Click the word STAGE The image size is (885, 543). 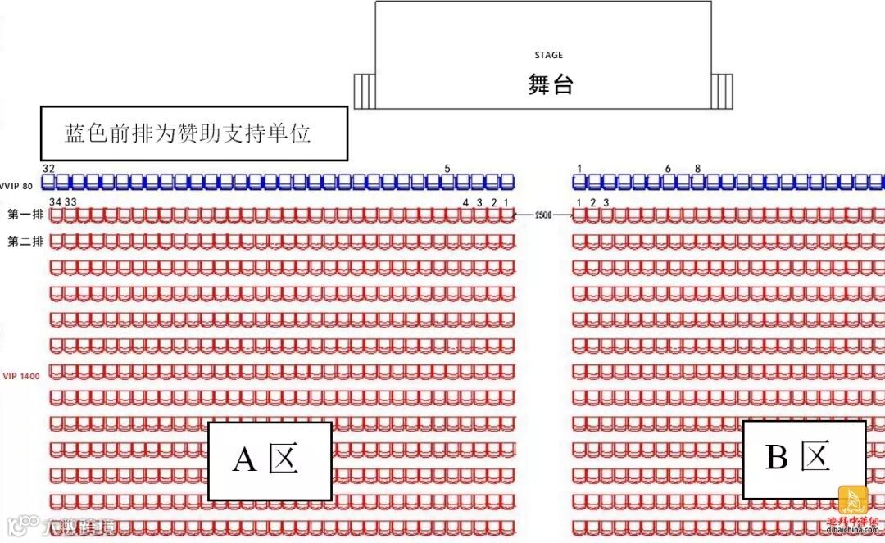[x=548, y=55]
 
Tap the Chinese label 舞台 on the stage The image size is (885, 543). [x=550, y=84]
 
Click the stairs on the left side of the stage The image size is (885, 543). [x=364, y=90]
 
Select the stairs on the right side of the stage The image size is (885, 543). [x=722, y=90]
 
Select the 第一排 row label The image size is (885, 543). [x=25, y=215]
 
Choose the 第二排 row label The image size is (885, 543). [x=25, y=242]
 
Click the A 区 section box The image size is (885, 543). [x=269, y=460]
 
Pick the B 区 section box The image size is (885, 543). [x=803, y=458]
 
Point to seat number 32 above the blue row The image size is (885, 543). [x=49, y=168]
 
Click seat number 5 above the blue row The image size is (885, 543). [x=447, y=169]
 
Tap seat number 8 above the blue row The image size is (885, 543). [x=697, y=169]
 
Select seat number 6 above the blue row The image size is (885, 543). [x=668, y=169]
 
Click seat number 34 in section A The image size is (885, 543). [x=55, y=201]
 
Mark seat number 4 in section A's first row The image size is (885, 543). [x=465, y=202]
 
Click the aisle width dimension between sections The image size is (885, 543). [x=542, y=215]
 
